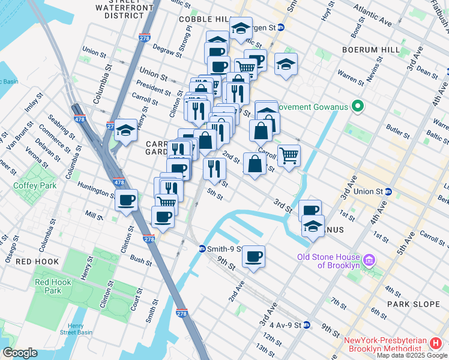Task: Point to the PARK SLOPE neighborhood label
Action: point(415,304)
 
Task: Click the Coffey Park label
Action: point(35,185)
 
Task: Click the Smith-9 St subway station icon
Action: point(202,249)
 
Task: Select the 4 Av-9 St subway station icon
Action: point(307,325)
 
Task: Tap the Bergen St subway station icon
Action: point(280,28)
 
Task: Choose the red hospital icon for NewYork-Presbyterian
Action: point(436,343)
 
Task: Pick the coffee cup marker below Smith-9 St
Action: point(253,256)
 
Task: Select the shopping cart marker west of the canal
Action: point(289,155)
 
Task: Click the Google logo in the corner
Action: point(20,353)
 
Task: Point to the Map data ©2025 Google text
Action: point(411,355)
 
